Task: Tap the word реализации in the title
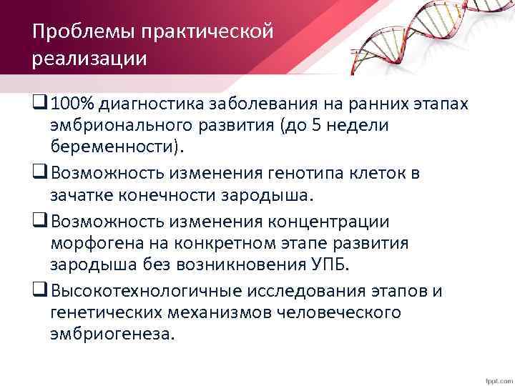click(89, 58)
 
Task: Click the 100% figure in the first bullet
click(75, 106)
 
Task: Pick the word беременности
click(114, 147)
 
